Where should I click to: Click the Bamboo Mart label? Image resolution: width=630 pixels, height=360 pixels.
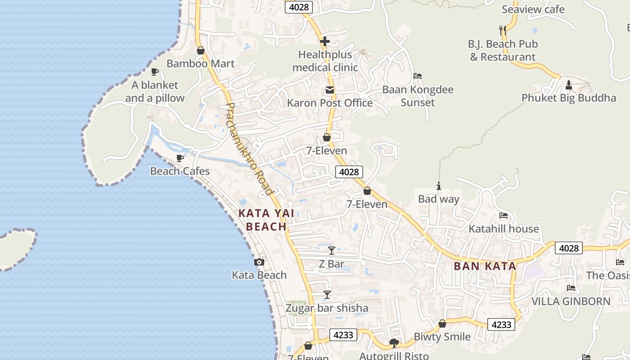[x=201, y=63]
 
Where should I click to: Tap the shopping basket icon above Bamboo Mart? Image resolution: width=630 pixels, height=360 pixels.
[x=201, y=50]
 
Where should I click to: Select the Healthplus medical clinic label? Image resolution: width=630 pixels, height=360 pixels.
[x=325, y=61]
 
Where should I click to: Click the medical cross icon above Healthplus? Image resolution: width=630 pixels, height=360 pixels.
[x=325, y=42]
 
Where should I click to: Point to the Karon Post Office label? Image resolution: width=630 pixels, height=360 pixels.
[x=330, y=103]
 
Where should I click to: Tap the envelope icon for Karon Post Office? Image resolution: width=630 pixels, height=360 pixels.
[x=330, y=90]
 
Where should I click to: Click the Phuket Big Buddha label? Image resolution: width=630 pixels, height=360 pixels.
[x=569, y=98]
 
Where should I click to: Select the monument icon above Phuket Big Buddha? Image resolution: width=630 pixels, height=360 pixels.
[x=569, y=85]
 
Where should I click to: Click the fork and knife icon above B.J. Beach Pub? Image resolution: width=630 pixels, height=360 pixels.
[x=503, y=31]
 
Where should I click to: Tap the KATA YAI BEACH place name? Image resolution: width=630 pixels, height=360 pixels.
[x=266, y=220]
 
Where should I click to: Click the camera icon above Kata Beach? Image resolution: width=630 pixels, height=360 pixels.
[x=259, y=262]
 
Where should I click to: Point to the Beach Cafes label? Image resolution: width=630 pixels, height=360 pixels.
[x=180, y=171]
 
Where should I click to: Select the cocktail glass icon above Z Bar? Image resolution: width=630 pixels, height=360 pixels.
[x=332, y=251]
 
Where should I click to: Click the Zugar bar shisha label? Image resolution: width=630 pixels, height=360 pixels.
[x=327, y=308]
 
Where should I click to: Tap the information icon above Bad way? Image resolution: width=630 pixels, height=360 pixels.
[x=439, y=186]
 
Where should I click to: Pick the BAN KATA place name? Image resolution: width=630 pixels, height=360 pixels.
[x=485, y=266]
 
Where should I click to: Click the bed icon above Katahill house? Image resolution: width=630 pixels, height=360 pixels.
[x=504, y=216]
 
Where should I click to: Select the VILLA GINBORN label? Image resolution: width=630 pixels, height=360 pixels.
[x=571, y=301]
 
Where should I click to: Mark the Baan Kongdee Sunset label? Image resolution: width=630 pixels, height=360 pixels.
[x=418, y=96]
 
